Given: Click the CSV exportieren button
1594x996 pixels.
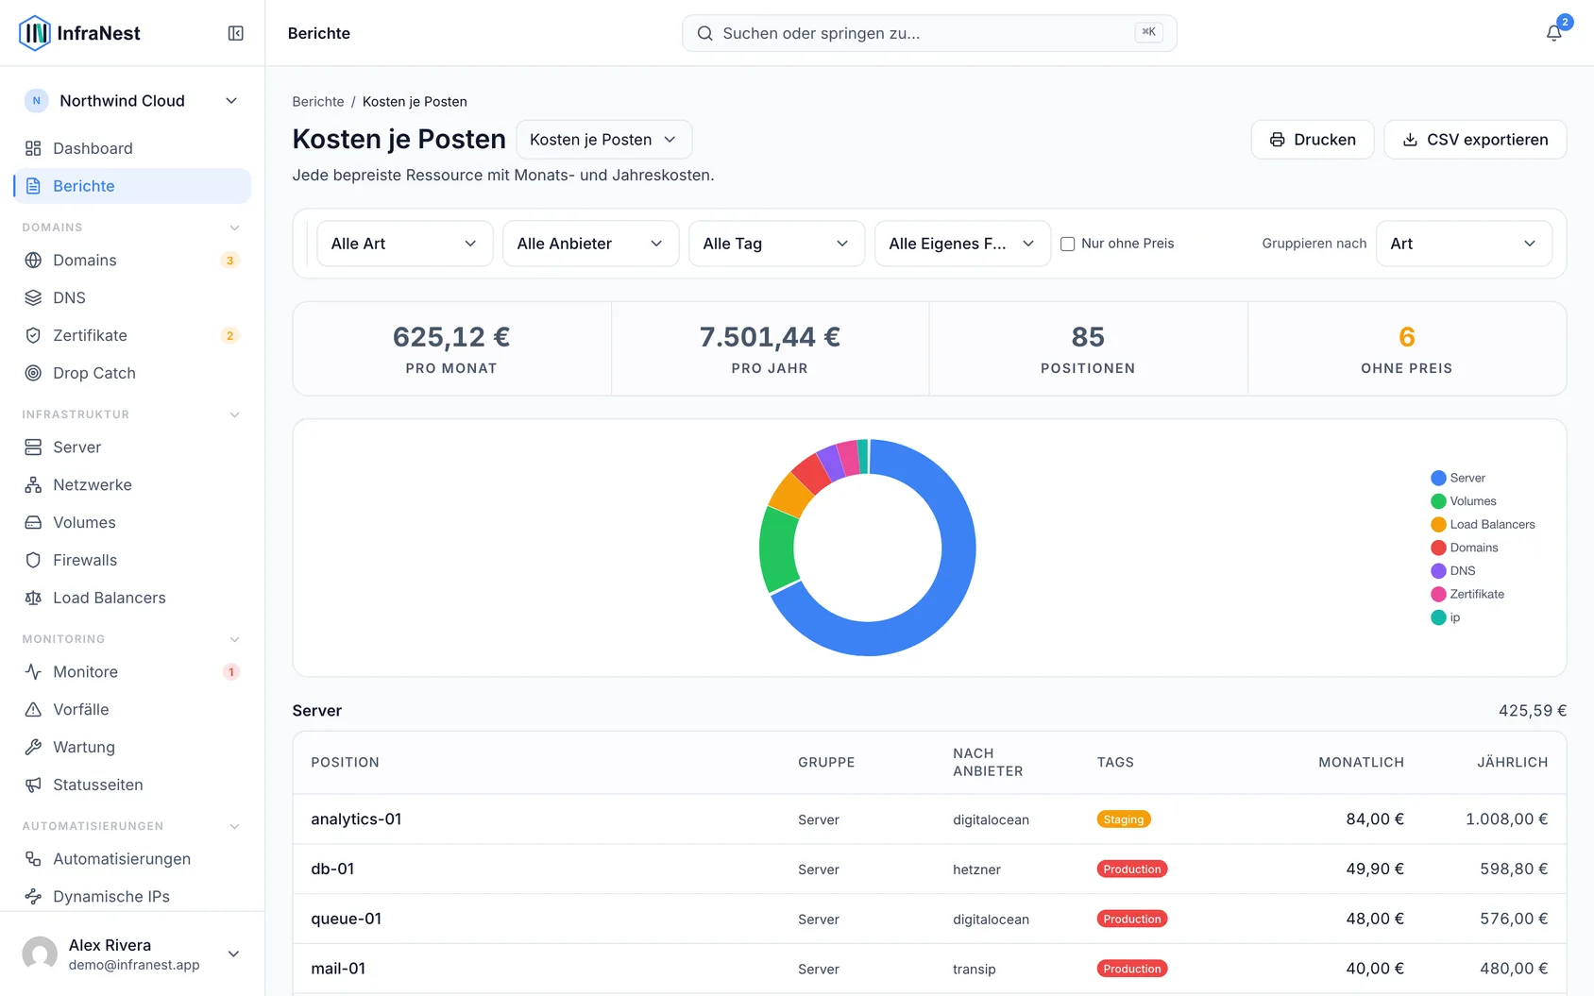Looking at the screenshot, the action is click(1474, 140).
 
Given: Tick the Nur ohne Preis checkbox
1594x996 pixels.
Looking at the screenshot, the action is click(1067, 244).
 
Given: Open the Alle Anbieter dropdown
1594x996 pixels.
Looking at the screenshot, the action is click(590, 244).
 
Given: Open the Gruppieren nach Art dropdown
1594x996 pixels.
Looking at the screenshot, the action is click(1464, 244).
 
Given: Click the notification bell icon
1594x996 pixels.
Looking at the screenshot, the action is click(1553, 33).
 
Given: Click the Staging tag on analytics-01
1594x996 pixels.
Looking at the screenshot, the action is click(1124, 819).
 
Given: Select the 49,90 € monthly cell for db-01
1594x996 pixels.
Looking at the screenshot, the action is click(1374, 869).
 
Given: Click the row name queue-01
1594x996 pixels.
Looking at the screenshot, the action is click(346, 919).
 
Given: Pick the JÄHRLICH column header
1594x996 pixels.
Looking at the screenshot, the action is click(1512, 762).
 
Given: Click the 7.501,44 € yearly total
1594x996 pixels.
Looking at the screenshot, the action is click(770, 337).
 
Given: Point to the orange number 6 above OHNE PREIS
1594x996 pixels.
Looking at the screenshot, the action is click(1406, 337).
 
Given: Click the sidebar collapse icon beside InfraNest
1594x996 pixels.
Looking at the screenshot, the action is click(235, 33).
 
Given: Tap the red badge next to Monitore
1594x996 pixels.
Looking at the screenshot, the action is click(230, 671).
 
